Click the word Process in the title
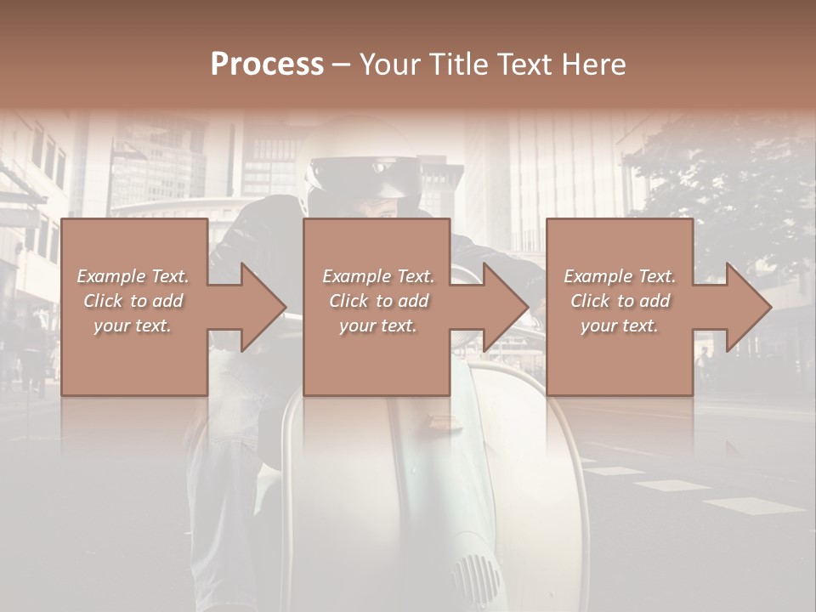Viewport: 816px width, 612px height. point(267,65)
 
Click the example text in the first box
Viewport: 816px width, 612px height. point(133,301)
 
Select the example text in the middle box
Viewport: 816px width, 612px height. point(377,301)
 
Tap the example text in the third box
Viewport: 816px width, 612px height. point(620,301)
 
